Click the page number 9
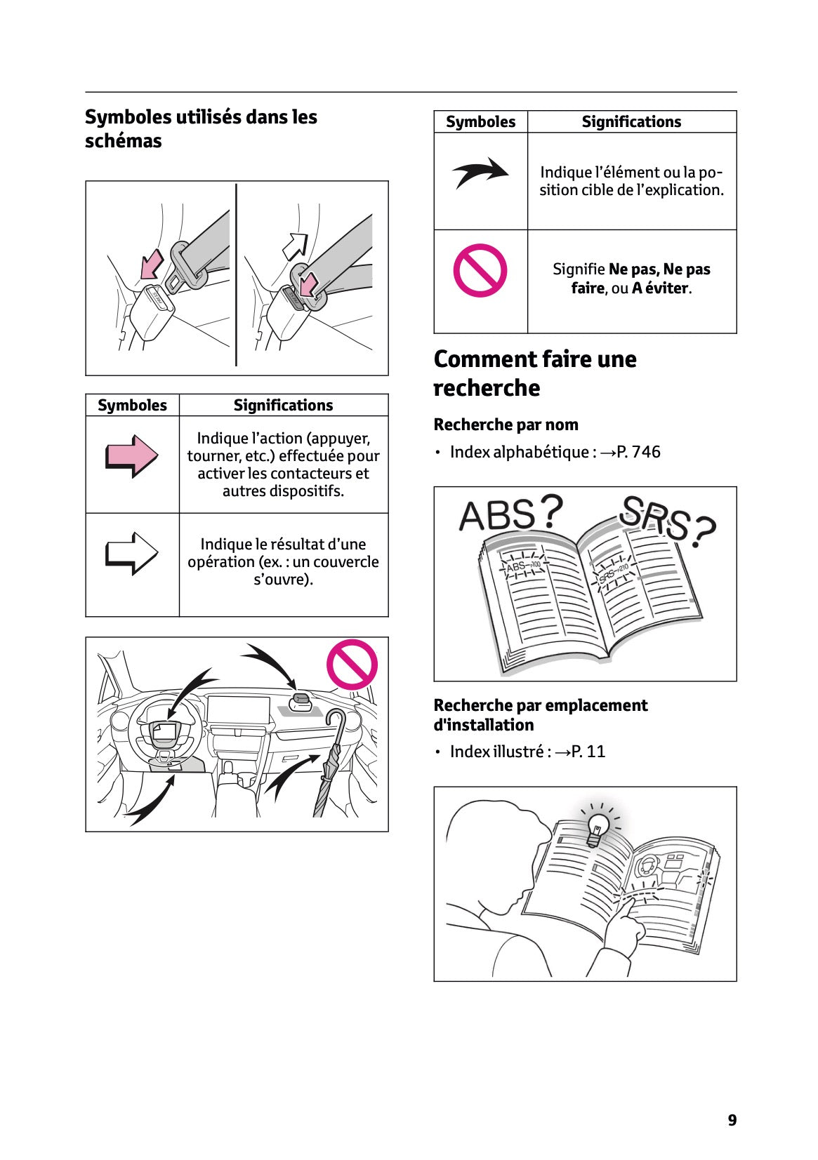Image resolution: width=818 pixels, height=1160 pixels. coord(732,1120)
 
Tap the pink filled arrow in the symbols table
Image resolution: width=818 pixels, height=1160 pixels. coord(132,457)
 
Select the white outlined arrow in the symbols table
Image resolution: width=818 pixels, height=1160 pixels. coord(132,554)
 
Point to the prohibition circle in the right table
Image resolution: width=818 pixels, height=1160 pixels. coord(480,270)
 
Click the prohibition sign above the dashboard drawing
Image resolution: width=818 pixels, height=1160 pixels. coord(352,665)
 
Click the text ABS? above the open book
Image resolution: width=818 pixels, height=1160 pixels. coord(510,514)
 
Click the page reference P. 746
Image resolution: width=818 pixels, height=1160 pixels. coord(638,452)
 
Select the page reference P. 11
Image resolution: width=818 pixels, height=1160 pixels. coord(588,752)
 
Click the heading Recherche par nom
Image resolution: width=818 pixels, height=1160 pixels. coord(506,425)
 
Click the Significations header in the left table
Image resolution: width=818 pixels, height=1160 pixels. coord(283,405)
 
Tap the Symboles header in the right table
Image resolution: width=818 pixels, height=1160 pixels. coord(480,121)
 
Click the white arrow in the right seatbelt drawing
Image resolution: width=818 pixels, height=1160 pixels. coord(295,246)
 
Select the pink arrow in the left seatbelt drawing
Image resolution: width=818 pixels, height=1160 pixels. coord(152,265)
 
